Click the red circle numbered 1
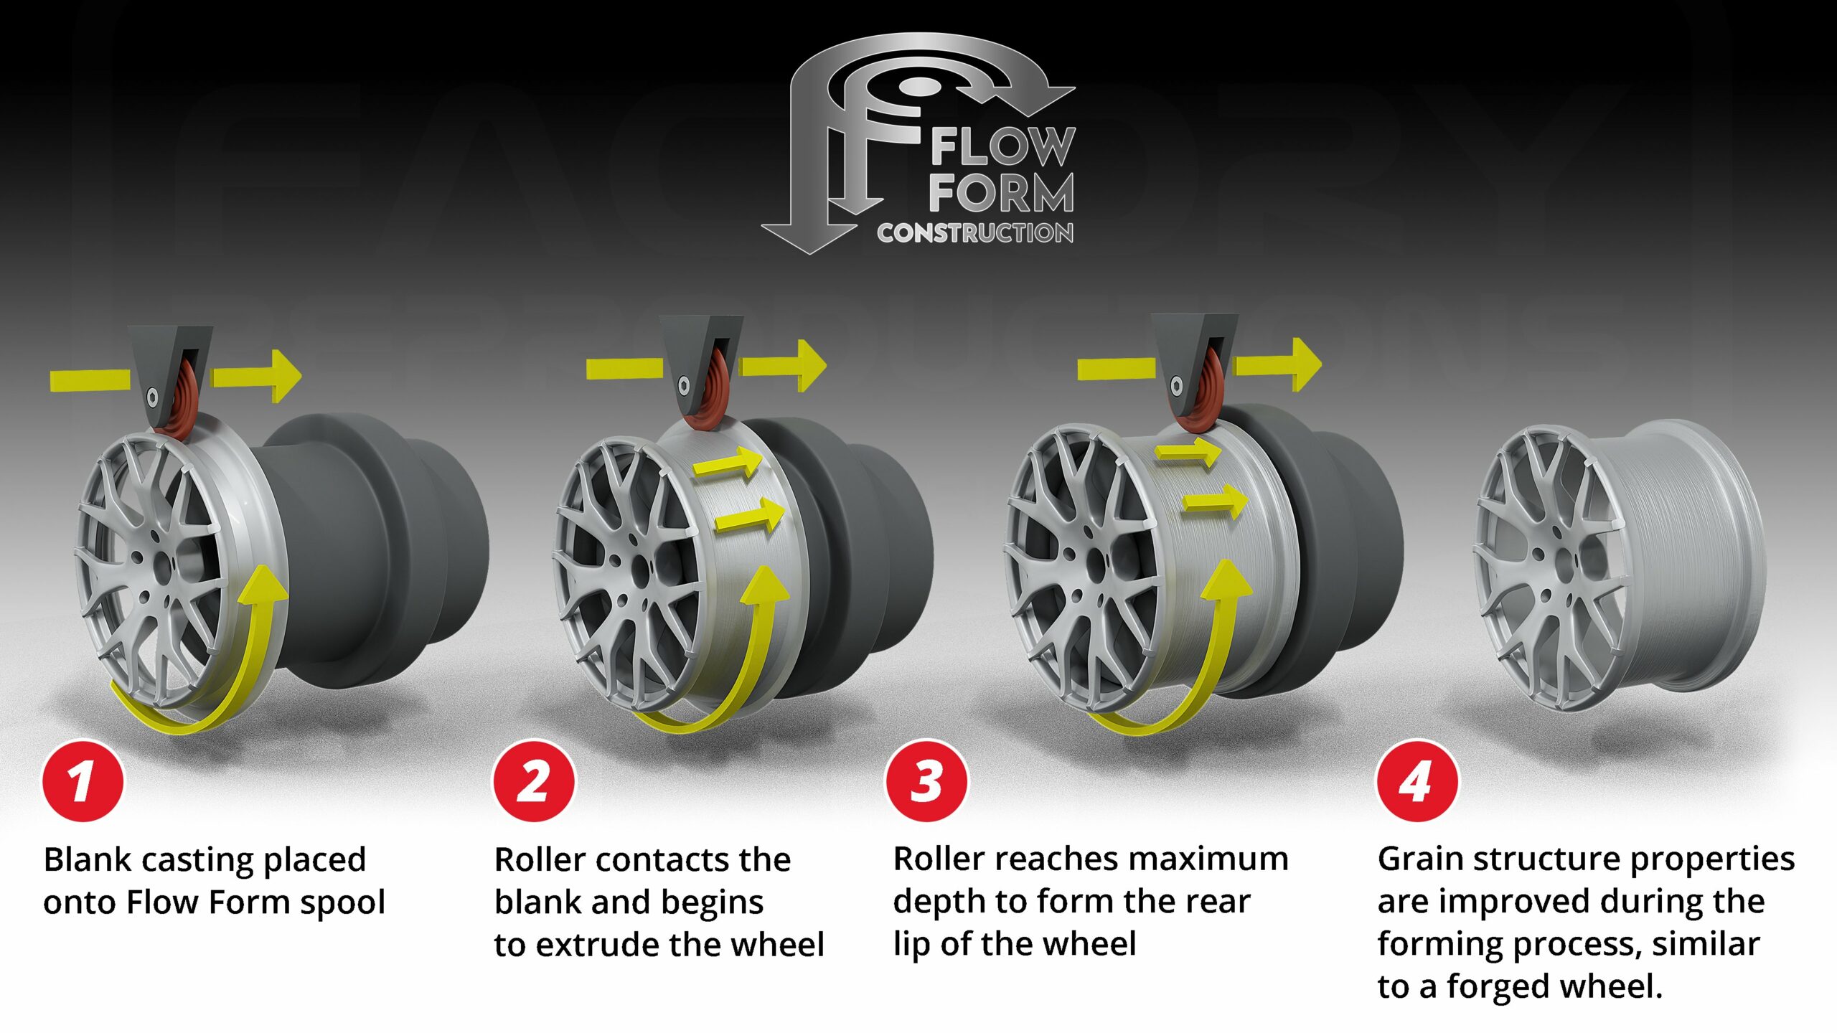pos(83,780)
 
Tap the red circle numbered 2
pos(534,780)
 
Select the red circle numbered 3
pos(926,780)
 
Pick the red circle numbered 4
pos(1416,780)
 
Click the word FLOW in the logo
pos(1002,147)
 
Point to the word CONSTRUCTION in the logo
pos(974,233)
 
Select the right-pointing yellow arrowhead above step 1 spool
pos(283,375)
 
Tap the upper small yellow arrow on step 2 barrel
pos(728,463)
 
